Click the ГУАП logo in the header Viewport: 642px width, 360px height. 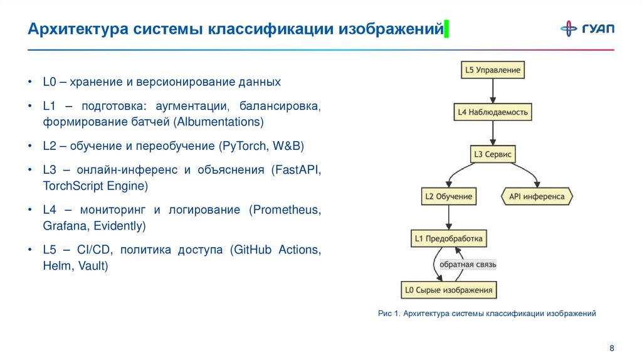click(587, 28)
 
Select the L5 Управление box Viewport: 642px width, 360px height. click(492, 70)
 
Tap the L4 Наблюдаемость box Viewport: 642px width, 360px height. click(492, 112)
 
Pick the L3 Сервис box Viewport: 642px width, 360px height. click(493, 154)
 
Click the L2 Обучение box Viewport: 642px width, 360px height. click(448, 196)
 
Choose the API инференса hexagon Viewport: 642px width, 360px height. click(537, 196)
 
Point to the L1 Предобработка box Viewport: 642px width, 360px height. click(449, 239)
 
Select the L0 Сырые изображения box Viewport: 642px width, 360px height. click(449, 290)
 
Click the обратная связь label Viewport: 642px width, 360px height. click(468, 265)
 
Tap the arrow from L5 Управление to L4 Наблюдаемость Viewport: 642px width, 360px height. click(492, 91)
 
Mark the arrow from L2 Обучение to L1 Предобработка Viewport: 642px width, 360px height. click(448, 218)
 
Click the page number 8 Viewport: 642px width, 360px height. click(611, 348)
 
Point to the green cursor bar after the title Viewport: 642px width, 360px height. click(446, 29)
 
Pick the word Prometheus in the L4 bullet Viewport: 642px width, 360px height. click(285, 209)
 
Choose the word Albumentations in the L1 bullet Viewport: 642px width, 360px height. click(219, 122)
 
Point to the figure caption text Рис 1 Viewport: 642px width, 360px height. click(389, 312)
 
